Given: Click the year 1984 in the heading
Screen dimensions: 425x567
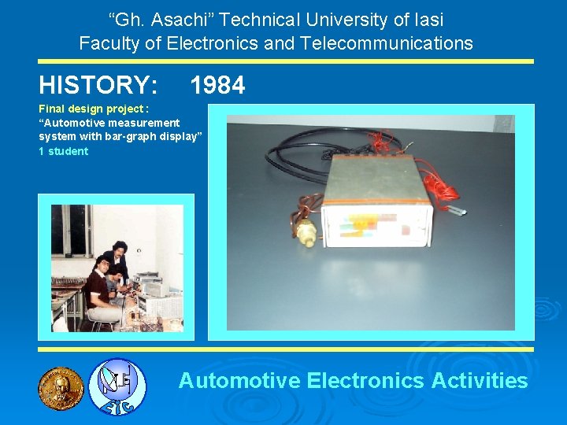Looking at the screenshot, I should tap(217, 85).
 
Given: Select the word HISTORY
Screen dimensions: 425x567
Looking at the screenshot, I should tap(98, 85).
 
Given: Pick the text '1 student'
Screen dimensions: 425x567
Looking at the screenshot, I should tap(64, 151).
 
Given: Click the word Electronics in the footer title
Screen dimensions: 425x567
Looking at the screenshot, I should tap(365, 381).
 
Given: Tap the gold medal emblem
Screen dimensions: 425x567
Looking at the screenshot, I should tap(61, 388).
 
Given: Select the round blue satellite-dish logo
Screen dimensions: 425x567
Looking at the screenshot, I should tap(117, 386).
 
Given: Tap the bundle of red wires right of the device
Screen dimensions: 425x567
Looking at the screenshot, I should tap(442, 185).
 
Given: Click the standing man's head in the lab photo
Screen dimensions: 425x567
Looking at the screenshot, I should tap(119, 249).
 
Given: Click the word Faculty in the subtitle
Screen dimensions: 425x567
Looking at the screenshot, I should tap(109, 43).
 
